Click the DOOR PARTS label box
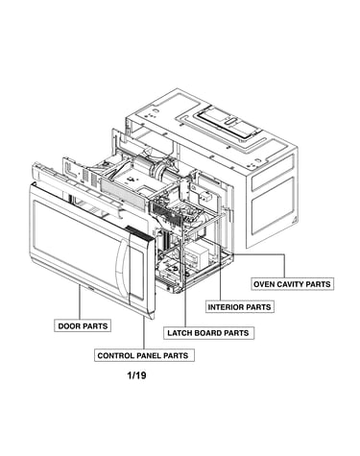(x=83, y=325)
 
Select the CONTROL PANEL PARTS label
(x=144, y=355)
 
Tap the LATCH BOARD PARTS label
(x=208, y=333)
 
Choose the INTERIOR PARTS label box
(x=240, y=307)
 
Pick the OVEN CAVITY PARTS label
(x=292, y=284)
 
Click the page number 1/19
(x=137, y=375)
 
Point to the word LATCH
(x=179, y=333)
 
